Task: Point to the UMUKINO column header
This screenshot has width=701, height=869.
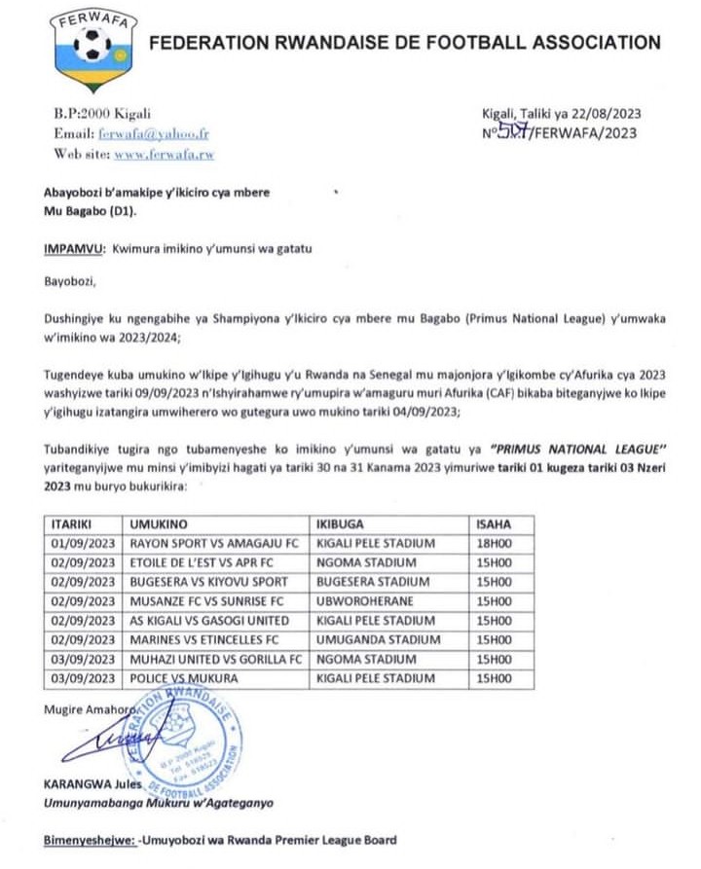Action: [160, 524]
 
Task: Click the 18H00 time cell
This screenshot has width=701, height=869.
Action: [493, 542]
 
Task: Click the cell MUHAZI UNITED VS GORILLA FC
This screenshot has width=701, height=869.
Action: [214, 658]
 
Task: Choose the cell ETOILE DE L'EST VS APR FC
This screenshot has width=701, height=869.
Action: [204, 561]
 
